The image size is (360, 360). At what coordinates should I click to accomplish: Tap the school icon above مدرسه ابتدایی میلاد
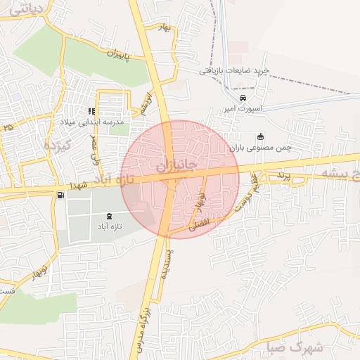[x=91, y=111]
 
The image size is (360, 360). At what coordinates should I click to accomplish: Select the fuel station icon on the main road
[x=60, y=195]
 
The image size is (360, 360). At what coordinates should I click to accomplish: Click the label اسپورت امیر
[x=242, y=109]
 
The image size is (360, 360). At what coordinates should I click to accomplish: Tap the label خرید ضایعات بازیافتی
[x=234, y=70]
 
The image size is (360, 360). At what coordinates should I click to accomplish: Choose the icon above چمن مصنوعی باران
[x=261, y=136]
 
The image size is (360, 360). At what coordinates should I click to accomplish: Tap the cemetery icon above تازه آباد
[x=109, y=215]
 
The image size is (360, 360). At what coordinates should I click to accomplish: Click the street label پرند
[x=283, y=173]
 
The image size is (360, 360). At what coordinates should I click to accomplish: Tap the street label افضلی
[x=199, y=226]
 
